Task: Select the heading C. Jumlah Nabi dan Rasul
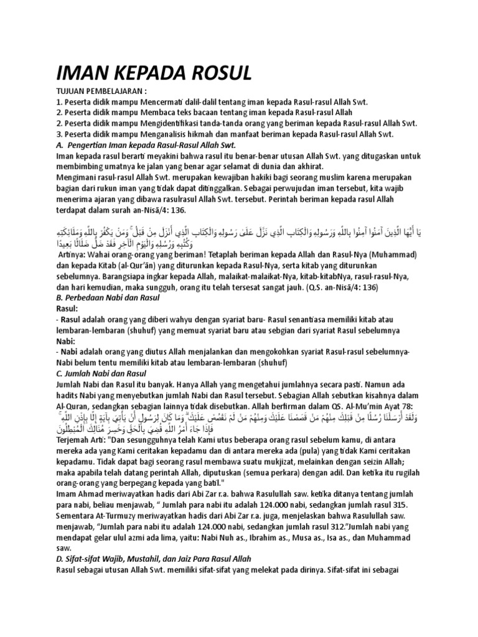(101, 373)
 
